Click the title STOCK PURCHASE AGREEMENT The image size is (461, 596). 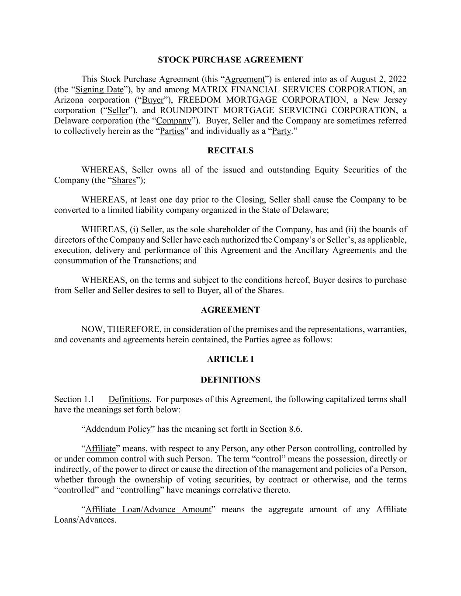(x=230, y=60)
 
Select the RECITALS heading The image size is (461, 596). (x=230, y=151)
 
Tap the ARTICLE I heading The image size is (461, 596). (x=230, y=359)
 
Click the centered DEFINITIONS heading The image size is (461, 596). (x=230, y=380)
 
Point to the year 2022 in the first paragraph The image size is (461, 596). (x=397, y=79)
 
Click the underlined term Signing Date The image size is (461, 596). (x=100, y=90)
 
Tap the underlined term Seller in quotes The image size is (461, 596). (x=118, y=110)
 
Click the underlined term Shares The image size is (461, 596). (x=124, y=180)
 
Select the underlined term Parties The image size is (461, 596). (x=172, y=131)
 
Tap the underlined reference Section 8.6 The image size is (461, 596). (x=280, y=429)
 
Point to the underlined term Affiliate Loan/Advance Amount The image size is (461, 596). (x=148, y=510)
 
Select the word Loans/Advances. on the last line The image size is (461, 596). (x=85, y=520)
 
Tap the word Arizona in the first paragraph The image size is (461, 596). (x=69, y=100)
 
